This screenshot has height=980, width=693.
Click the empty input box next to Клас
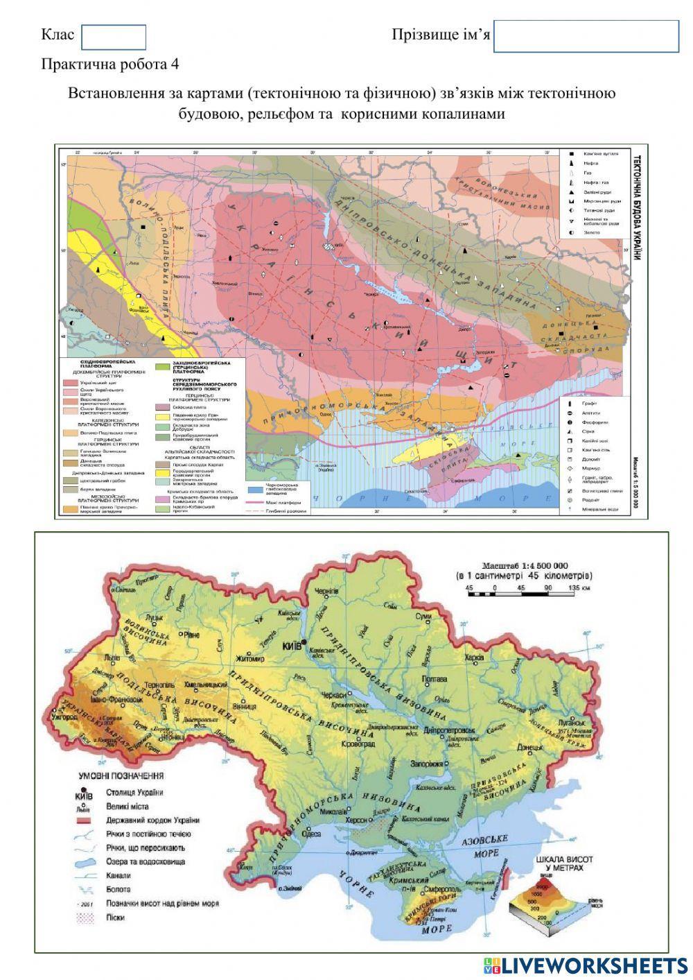[x=114, y=37]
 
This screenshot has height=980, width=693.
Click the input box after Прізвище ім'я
[x=586, y=36]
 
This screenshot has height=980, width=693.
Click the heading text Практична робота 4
[x=110, y=65]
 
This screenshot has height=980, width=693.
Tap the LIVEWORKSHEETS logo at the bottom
[x=582, y=965]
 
